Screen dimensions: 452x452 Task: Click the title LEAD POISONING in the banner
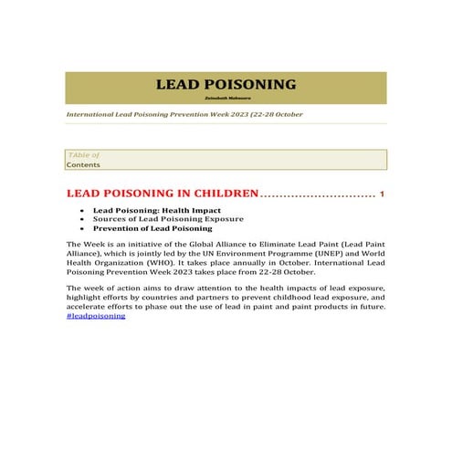click(226, 85)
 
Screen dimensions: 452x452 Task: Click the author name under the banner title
click(226, 99)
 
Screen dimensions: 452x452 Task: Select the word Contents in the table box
click(83, 165)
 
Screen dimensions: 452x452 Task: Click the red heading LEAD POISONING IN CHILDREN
click(163, 194)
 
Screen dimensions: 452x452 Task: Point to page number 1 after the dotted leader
click(382, 194)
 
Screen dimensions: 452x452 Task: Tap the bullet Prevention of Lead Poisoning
click(152, 228)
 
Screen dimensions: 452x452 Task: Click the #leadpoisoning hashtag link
click(96, 316)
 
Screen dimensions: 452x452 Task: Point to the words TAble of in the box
click(83, 156)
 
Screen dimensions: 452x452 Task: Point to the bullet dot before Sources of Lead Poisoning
click(84, 219)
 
